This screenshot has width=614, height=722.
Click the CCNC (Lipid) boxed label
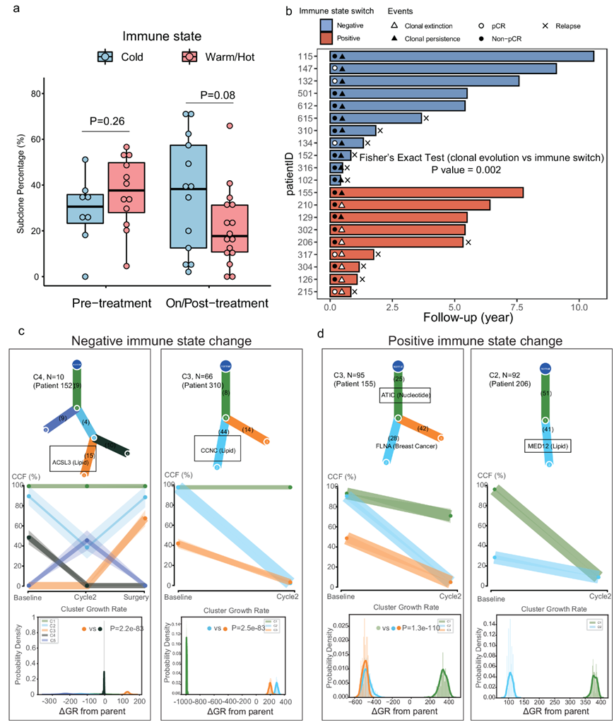tap(217, 448)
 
